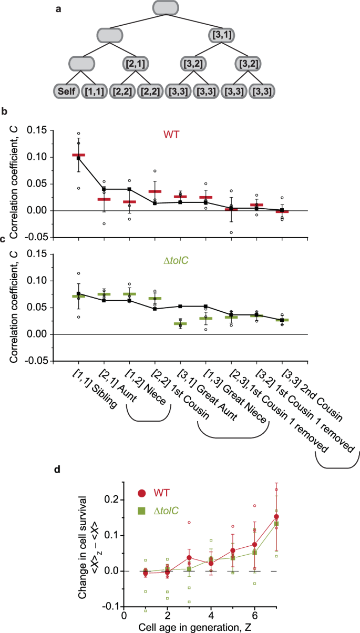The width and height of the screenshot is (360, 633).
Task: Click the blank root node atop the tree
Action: pos(165,7)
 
